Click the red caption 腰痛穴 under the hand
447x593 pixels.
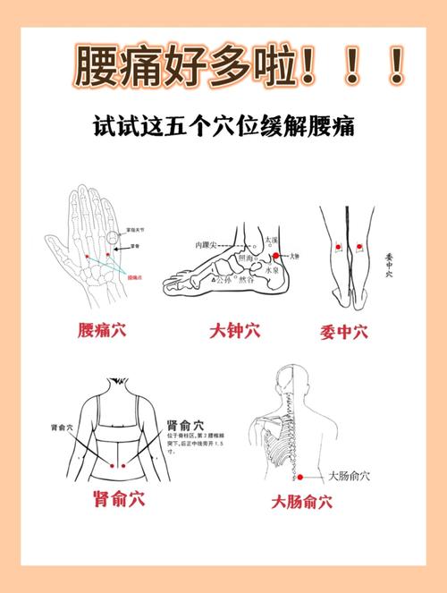coord(98,330)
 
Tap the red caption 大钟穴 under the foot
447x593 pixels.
coord(234,332)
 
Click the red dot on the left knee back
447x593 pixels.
coord(338,246)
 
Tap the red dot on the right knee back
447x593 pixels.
coord(359,246)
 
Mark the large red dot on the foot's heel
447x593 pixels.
coord(277,256)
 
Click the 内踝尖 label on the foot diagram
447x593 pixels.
coord(207,244)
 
